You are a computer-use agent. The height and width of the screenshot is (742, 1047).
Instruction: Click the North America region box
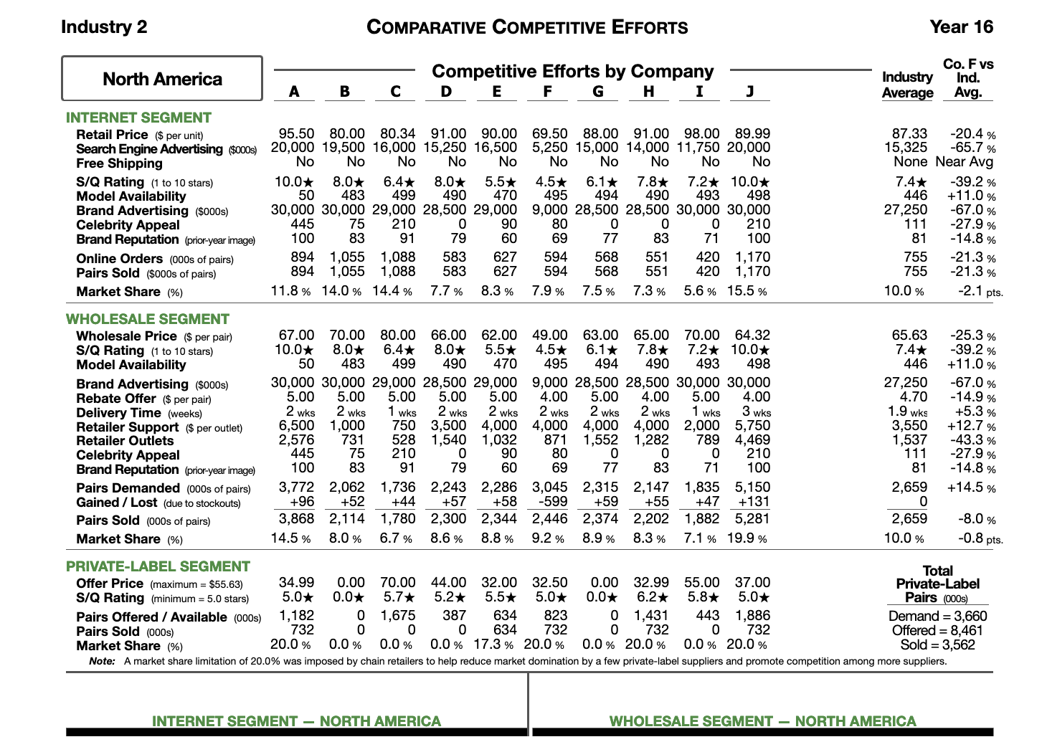162,79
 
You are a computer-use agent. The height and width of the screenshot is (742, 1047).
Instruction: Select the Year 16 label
961,27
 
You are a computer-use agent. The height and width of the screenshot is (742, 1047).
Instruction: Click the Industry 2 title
104,27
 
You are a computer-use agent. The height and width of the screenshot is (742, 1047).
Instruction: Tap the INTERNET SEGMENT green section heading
138,118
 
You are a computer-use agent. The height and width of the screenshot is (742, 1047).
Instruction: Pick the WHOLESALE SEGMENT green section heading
148,319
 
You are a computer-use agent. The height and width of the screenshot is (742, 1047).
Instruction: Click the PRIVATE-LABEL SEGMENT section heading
158,566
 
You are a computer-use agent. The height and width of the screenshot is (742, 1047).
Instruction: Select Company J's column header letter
749,92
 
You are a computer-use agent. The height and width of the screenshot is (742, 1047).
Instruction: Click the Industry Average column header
907,85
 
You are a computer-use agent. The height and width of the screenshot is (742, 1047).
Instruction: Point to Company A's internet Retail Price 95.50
296,134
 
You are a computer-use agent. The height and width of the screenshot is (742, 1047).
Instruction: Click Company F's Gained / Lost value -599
550,503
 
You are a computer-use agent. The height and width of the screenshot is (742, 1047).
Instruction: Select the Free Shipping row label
119,163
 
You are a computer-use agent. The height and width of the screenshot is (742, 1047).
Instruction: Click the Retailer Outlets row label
125,441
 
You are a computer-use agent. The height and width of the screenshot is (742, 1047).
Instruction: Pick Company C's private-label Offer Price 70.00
397,582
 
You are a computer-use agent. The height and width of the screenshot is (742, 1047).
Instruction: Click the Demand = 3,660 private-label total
937,616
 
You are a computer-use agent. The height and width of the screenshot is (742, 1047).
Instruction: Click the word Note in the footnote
102,661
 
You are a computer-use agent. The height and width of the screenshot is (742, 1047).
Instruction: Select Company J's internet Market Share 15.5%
747,291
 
